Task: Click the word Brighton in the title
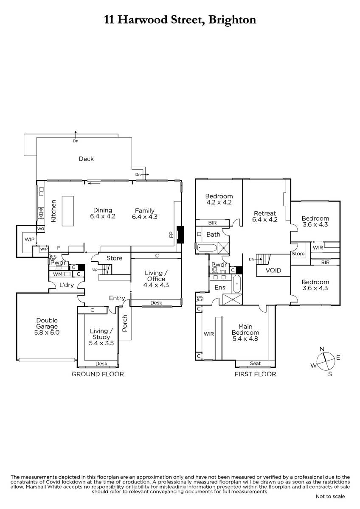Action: click(x=232, y=20)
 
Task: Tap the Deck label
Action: click(x=86, y=159)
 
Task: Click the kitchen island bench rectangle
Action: click(x=68, y=211)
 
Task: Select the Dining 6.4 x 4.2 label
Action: click(x=103, y=213)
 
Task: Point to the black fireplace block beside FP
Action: click(x=180, y=235)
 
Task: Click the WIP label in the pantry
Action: click(x=30, y=239)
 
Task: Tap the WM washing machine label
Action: click(x=58, y=274)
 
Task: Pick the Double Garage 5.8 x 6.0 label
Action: click(x=47, y=326)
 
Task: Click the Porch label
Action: click(x=125, y=323)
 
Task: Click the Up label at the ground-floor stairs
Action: click(x=95, y=269)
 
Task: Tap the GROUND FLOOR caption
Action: click(x=98, y=374)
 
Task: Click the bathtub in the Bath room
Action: click(x=207, y=248)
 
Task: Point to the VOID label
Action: click(x=273, y=271)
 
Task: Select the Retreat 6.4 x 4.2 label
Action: click(x=265, y=216)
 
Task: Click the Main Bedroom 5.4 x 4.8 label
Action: click(x=245, y=333)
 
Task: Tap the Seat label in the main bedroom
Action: click(x=255, y=364)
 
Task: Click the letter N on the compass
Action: click(x=322, y=349)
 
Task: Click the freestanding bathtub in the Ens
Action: click(x=237, y=284)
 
